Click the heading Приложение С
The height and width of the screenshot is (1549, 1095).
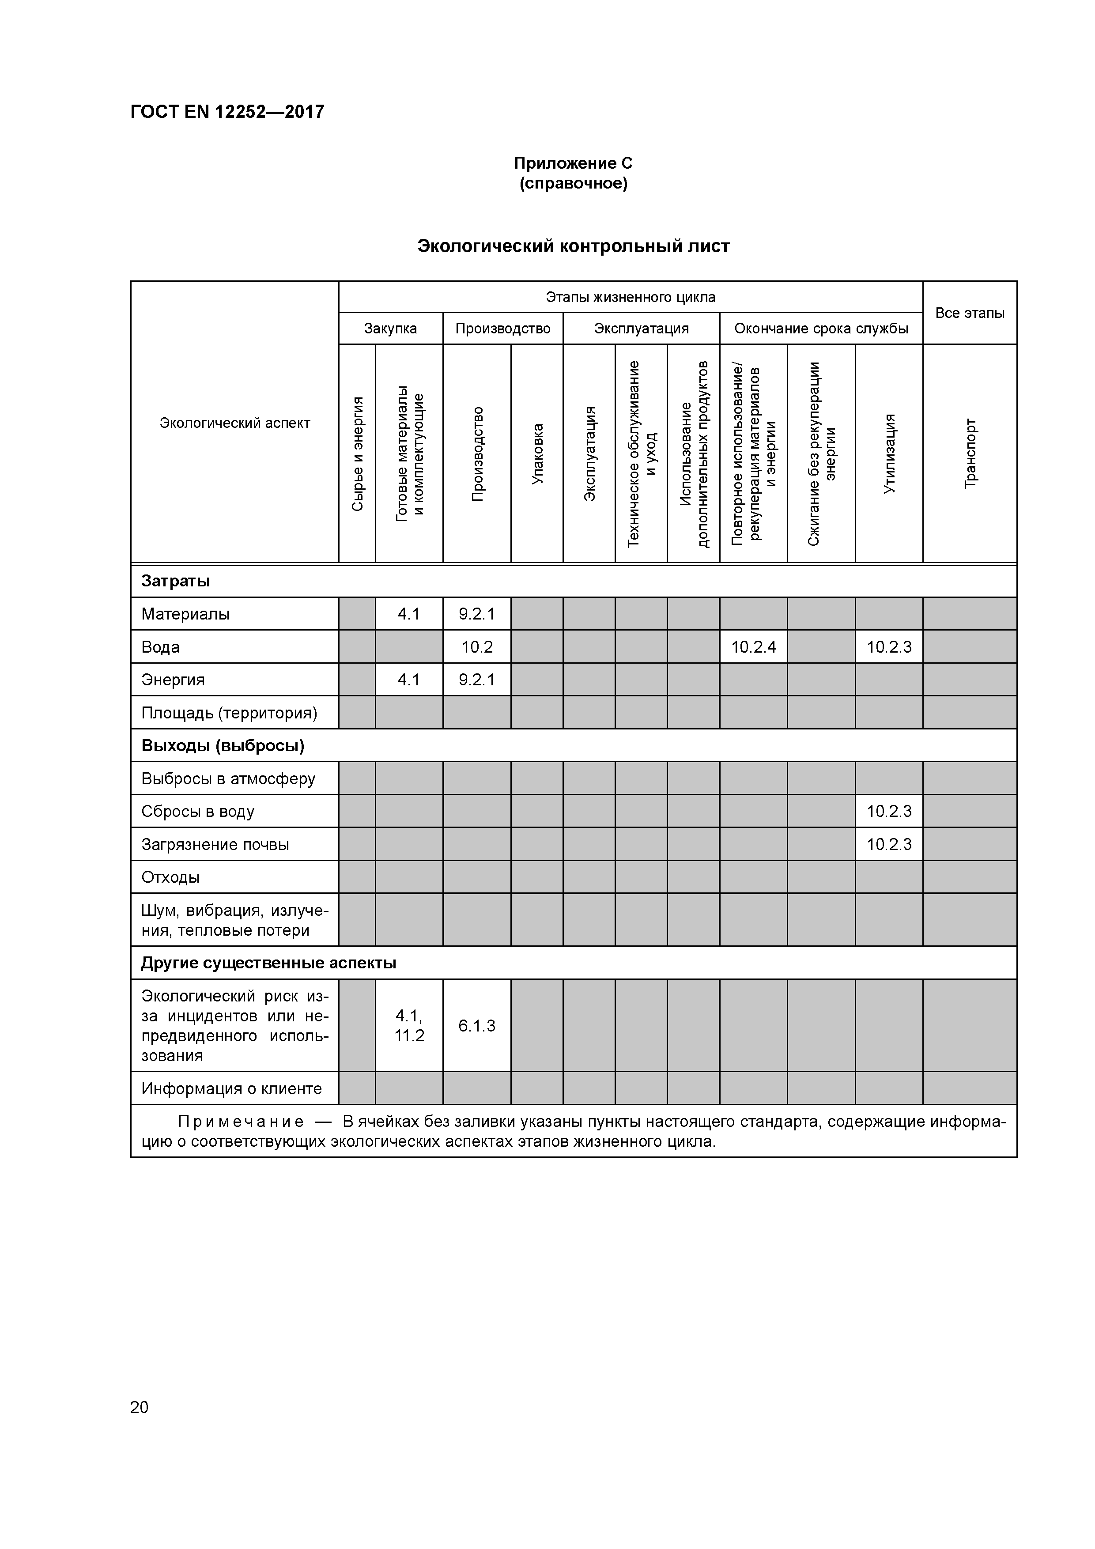coord(573,163)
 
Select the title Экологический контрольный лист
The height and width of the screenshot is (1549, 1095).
coord(573,246)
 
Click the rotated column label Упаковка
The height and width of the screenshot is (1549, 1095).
coord(537,453)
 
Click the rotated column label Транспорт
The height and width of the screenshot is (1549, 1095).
coord(970,453)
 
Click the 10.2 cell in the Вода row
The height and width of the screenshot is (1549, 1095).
coord(476,647)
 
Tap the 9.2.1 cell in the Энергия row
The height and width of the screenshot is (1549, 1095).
coord(476,680)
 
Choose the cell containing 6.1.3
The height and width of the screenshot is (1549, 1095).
coord(476,1025)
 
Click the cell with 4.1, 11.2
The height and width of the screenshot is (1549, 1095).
coord(409,1025)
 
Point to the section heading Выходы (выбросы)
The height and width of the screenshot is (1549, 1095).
coord(223,745)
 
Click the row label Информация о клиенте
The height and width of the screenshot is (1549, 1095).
coord(231,1088)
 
